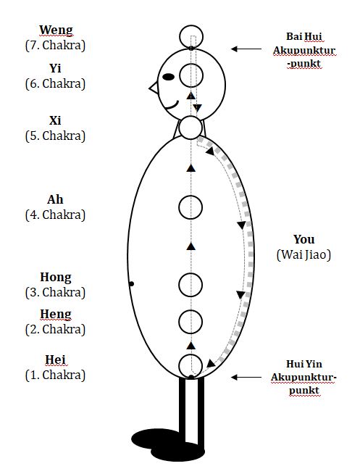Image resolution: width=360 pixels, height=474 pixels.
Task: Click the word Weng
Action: tap(56, 30)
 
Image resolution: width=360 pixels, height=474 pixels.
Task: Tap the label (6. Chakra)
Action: tap(55, 83)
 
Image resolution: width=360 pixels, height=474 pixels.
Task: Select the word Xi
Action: tap(55, 120)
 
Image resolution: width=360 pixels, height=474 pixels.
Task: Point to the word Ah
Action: tap(55, 199)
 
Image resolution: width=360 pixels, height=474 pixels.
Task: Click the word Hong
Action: tap(56, 278)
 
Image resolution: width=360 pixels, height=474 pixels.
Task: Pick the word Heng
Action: tap(56, 315)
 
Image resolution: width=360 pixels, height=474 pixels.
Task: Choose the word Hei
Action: tap(56, 359)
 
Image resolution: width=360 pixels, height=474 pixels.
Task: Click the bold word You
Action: tap(304, 239)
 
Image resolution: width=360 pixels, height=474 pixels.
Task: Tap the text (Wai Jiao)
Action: tap(304, 254)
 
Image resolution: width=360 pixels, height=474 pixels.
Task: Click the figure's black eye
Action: tap(168, 77)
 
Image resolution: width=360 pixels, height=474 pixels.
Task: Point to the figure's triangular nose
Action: tap(154, 88)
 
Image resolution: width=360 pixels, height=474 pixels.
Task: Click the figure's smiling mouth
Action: tap(172, 106)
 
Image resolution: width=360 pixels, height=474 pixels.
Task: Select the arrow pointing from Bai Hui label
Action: tap(246, 49)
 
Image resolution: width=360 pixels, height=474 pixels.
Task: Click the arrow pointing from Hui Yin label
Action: tap(246, 377)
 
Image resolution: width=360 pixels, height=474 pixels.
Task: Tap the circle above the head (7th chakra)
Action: tap(191, 36)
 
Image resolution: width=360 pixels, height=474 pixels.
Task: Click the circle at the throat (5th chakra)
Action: tap(191, 128)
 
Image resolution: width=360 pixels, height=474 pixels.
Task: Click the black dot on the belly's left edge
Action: tap(131, 284)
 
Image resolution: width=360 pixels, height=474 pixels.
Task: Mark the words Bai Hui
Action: tap(304, 36)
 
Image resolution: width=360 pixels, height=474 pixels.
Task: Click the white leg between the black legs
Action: tap(191, 411)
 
